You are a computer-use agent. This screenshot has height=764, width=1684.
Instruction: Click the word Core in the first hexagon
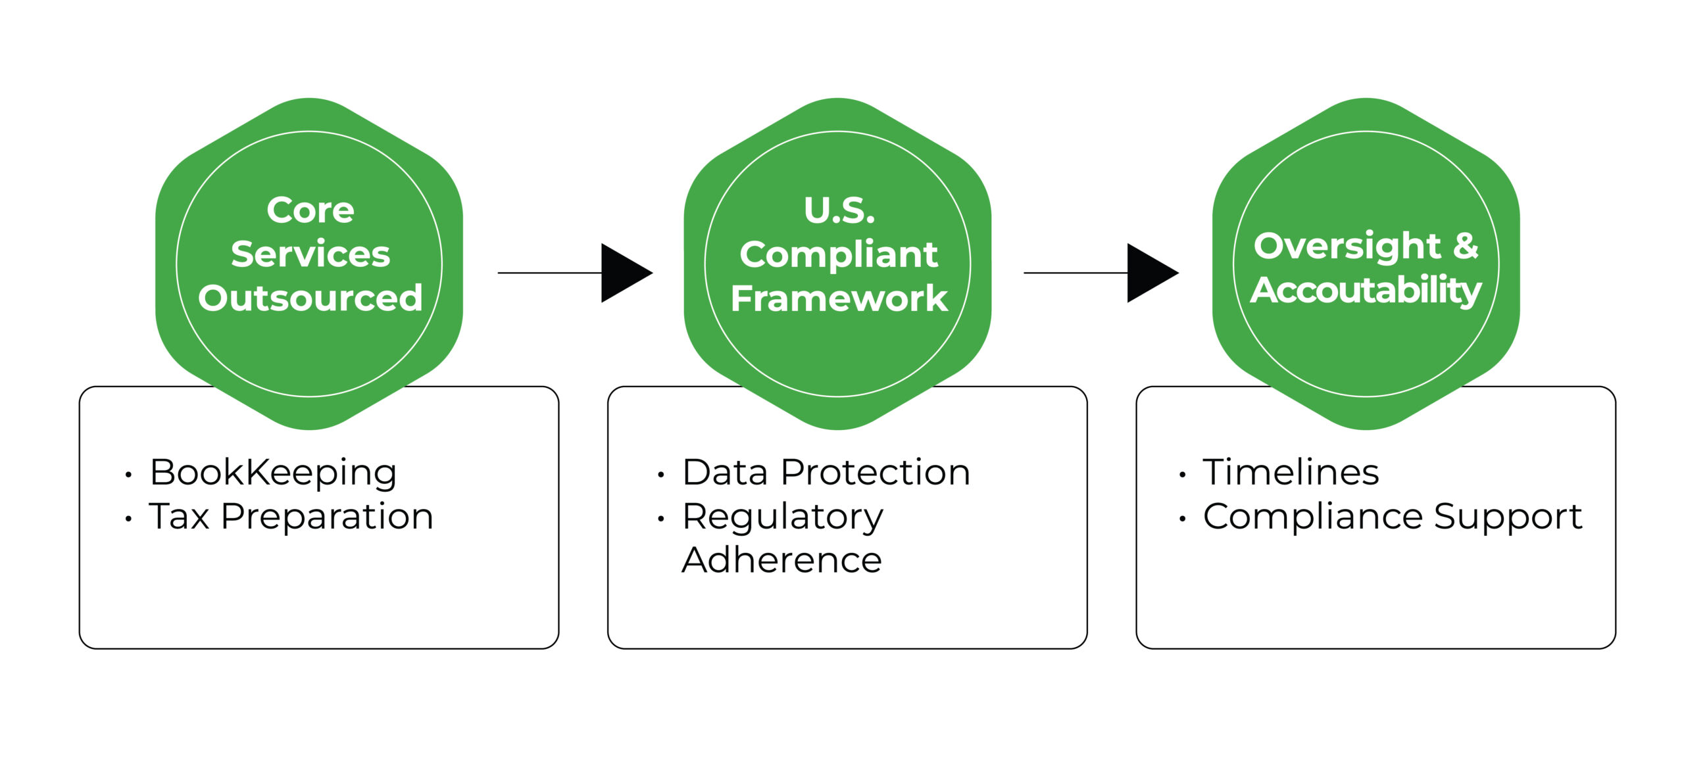[310, 210]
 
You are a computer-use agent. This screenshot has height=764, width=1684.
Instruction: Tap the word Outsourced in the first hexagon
[310, 298]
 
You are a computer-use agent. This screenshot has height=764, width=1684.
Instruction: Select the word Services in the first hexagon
[310, 254]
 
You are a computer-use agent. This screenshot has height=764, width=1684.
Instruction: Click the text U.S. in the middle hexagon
[839, 210]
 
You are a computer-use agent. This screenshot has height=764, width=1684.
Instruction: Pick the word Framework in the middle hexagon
[839, 298]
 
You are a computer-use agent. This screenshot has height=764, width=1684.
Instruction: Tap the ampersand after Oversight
[1466, 246]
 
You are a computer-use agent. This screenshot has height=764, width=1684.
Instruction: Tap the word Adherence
[782, 560]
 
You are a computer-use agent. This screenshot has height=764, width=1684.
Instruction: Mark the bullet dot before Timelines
[1183, 475]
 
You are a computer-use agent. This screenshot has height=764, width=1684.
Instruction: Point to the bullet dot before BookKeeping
[128, 475]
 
